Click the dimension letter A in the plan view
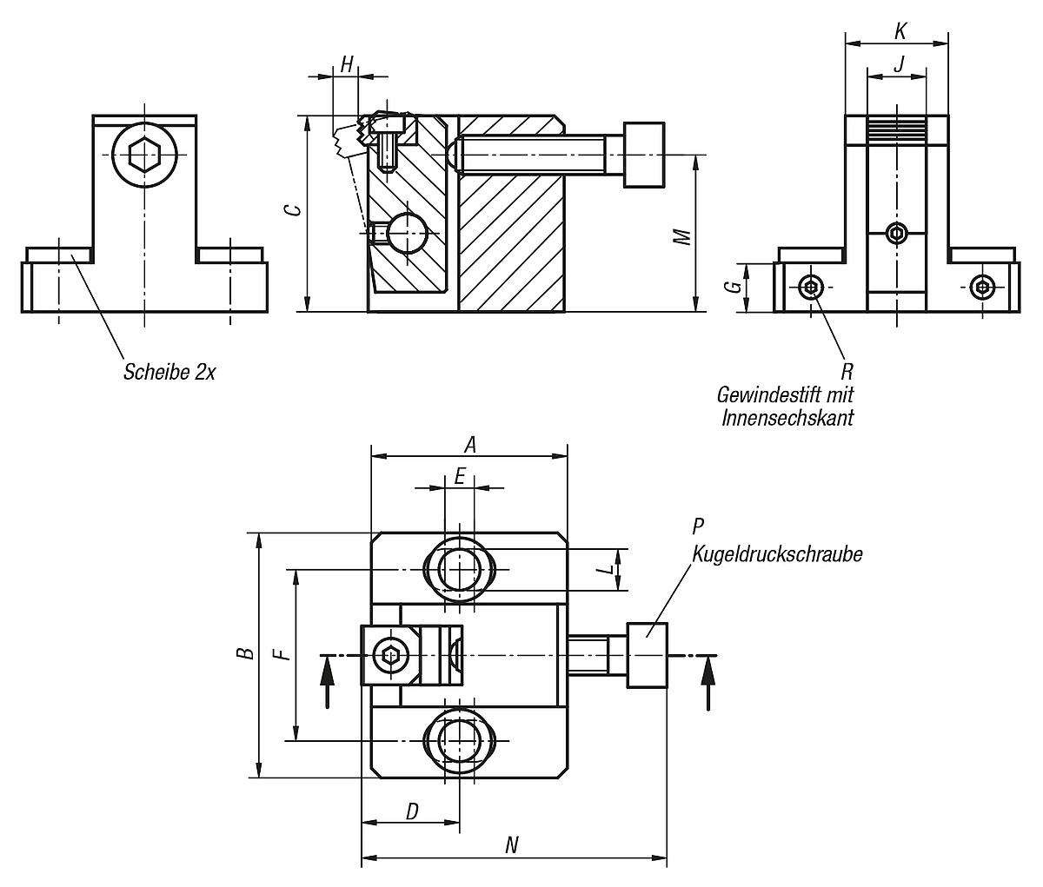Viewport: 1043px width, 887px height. coord(470,445)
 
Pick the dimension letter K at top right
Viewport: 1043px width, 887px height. coord(900,32)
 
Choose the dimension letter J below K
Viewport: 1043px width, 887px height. coord(899,64)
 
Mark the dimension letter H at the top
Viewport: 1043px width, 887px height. coord(347,64)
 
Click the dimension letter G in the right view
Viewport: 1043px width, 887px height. coord(735,286)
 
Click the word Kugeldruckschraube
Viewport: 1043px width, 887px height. coord(777,553)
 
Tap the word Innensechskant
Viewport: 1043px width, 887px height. coord(787,418)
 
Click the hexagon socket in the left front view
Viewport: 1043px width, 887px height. coord(143,156)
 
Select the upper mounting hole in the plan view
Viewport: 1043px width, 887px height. coord(460,569)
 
